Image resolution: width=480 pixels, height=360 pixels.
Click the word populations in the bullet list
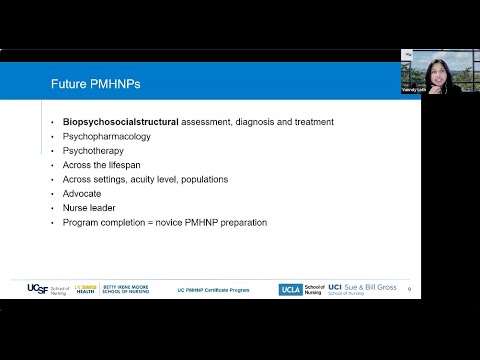coord(204,179)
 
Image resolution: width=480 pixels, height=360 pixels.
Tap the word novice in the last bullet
coord(174,222)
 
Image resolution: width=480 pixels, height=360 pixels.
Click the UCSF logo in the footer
coord(37,289)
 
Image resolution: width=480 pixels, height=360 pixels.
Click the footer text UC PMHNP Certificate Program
coord(212,289)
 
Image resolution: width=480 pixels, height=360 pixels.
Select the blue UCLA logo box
coord(291,289)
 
